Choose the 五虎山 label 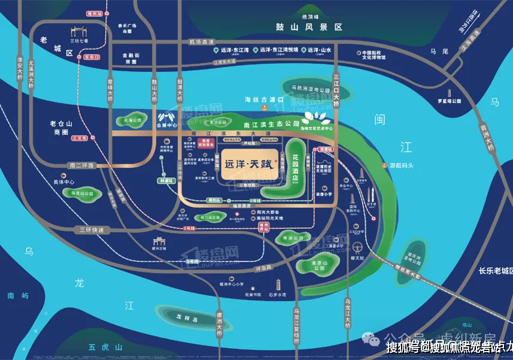click(105, 347)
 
